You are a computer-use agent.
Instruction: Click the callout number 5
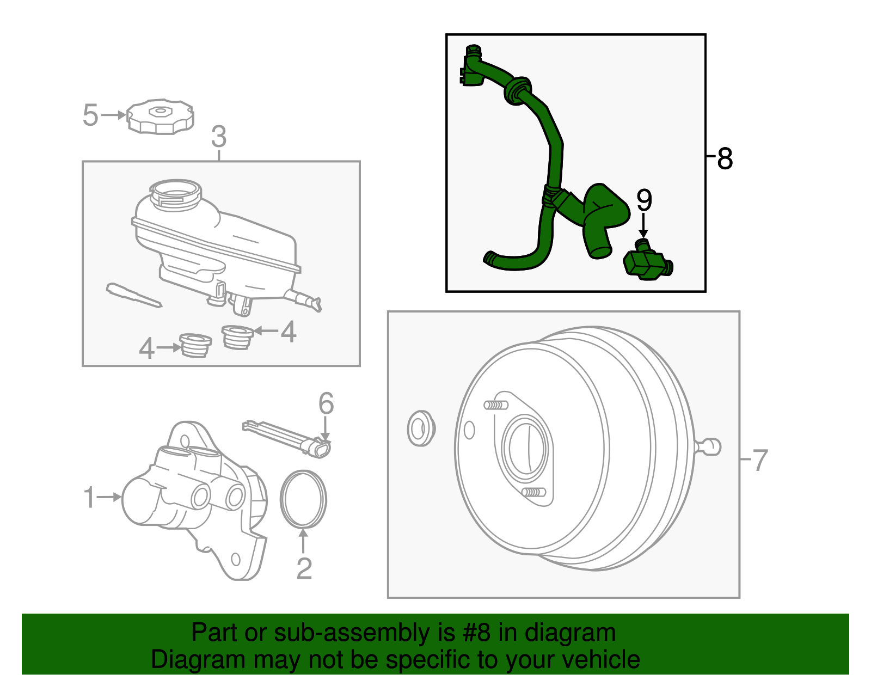pyautogui.click(x=90, y=115)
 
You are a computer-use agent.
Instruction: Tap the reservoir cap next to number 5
pyautogui.click(x=160, y=116)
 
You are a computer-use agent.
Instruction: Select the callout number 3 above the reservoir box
pyautogui.click(x=218, y=137)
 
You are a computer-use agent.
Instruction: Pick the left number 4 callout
pyautogui.click(x=146, y=348)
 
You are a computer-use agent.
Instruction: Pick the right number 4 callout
pyautogui.click(x=289, y=332)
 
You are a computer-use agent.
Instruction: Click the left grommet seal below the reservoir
pyautogui.click(x=195, y=345)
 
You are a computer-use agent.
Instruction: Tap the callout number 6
pyautogui.click(x=326, y=404)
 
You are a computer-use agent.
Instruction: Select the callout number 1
pyautogui.click(x=89, y=497)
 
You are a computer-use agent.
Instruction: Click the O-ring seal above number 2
pyautogui.click(x=303, y=499)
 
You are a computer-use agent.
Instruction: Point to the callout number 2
pyautogui.click(x=304, y=568)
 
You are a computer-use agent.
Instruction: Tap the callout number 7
pyautogui.click(x=760, y=460)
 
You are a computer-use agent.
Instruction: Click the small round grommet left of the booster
pyautogui.click(x=420, y=428)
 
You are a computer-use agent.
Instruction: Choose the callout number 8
pyautogui.click(x=725, y=159)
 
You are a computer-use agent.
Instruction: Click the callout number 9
pyautogui.click(x=644, y=200)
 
